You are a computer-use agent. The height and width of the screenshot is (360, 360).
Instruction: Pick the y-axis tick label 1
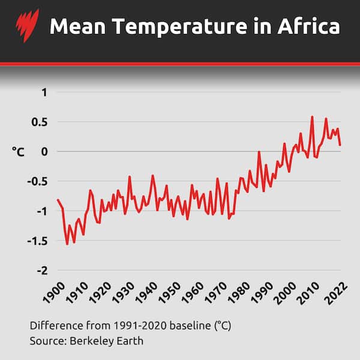coord(43,92)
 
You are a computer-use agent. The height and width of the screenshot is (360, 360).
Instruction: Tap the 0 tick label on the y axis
coord(43,151)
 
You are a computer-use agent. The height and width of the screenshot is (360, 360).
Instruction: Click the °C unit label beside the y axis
coord(18,152)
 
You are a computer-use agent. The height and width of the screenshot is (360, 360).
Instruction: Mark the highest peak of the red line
coord(312,116)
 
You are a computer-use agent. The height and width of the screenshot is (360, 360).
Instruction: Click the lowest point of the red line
coord(67,244)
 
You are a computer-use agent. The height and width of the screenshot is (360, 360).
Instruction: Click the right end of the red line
coord(340,145)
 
